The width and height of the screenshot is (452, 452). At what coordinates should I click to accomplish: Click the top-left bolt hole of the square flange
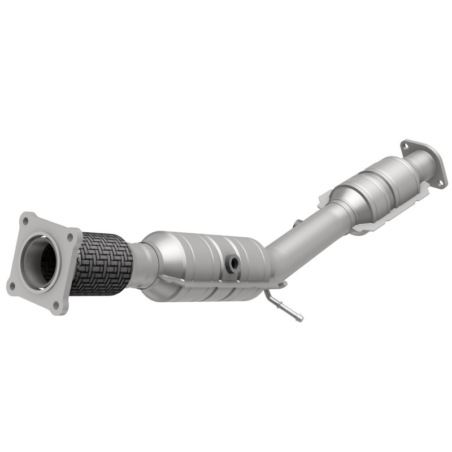25,218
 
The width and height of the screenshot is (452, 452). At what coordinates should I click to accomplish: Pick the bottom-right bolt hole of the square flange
55,306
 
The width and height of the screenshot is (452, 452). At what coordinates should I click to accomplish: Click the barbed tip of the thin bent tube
299,318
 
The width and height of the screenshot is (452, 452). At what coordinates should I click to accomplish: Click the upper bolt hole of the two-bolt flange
405,146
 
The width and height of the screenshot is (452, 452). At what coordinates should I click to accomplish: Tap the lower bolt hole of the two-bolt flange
439,182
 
